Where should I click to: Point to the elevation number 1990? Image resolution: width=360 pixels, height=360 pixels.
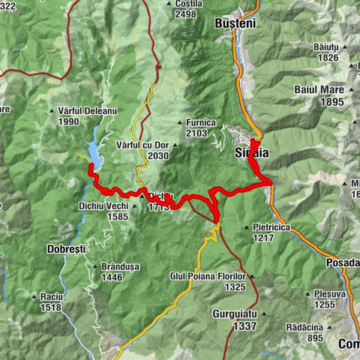point(67,121)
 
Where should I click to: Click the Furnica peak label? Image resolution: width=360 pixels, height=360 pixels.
point(202,122)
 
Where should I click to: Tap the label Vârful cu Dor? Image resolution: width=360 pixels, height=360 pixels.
point(142,144)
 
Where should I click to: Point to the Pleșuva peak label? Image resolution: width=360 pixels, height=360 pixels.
point(331,295)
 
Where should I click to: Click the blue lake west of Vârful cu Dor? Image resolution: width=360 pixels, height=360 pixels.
point(96,154)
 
